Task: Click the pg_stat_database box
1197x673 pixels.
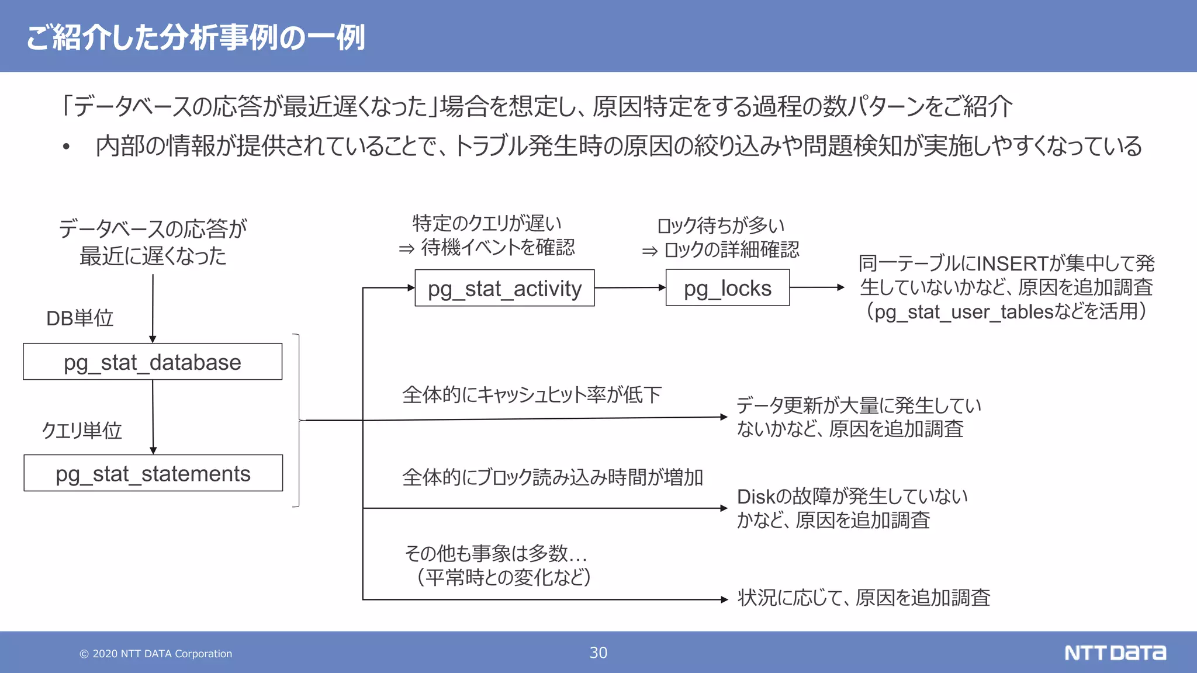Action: [x=153, y=362]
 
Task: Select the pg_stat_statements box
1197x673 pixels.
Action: [x=153, y=473]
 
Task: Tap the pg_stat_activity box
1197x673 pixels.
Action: [x=504, y=288]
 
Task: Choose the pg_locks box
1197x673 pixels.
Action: [x=728, y=287]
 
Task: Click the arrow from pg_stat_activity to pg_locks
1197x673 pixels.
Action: [x=630, y=287]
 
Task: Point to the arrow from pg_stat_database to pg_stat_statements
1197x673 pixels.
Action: [x=153, y=417]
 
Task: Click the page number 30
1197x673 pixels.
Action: [x=598, y=653]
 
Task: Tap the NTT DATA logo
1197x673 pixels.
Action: [x=1115, y=653]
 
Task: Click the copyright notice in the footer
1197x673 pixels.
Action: [x=156, y=654]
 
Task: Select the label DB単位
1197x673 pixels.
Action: [x=79, y=318]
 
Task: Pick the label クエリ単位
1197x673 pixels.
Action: [x=82, y=431]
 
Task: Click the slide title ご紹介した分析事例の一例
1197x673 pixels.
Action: [x=196, y=37]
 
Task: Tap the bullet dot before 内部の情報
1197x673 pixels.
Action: [x=67, y=147]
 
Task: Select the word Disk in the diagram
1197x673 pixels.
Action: [x=755, y=497]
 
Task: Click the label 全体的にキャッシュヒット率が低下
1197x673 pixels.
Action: [x=531, y=395]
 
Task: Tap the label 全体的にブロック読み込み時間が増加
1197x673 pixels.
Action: [x=552, y=477]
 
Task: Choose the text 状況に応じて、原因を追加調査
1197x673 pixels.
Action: [x=863, y=598]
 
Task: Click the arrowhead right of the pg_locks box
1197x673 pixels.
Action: [x=840, y=287]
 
